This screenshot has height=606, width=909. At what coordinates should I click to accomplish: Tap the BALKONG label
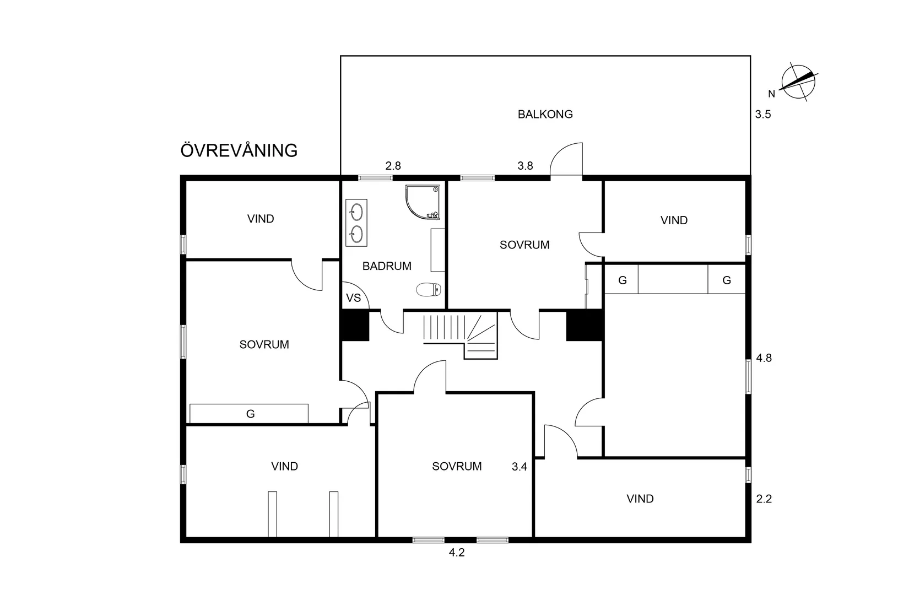click(x=545, y=114)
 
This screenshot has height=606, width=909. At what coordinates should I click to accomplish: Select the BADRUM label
click(x=387, y=266)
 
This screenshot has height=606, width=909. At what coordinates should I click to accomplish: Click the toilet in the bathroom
click(x=429, y=289)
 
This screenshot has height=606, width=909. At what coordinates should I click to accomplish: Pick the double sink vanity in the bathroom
click(x=356, y=223)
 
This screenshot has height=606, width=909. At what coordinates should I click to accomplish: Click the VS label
click(x=353, y=298)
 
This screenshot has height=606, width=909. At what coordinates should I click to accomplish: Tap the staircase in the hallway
click(x=461, y=336)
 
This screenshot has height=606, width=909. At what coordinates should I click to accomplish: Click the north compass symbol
click(x=798, y=82)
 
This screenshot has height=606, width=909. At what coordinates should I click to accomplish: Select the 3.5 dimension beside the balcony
click(x=763, y=115)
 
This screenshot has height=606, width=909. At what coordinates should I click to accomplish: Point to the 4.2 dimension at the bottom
click(x=457, y=553)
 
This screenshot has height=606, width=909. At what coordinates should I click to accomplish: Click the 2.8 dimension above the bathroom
click(x=393, y=166)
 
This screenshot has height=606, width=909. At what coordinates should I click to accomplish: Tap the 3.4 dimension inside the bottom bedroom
click(x=520, y=467)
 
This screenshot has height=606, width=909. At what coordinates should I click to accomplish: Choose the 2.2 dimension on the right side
click(x=764, y=499)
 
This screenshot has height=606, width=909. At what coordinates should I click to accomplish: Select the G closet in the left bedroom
click(x=249, y=414)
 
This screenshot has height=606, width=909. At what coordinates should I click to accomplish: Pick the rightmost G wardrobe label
click(x=727, y=280)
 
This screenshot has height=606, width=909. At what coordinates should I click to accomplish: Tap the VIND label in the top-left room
click(x=261, y=219)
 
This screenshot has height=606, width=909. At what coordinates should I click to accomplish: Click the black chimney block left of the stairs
click(x=355, y=326)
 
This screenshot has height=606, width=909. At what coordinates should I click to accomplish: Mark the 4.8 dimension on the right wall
click(x=764, y=358)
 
